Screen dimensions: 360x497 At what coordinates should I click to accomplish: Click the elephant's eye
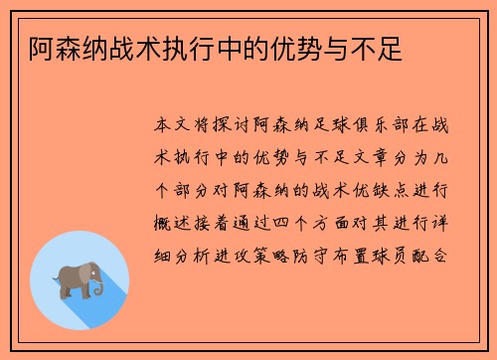(x=94, y=270)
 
